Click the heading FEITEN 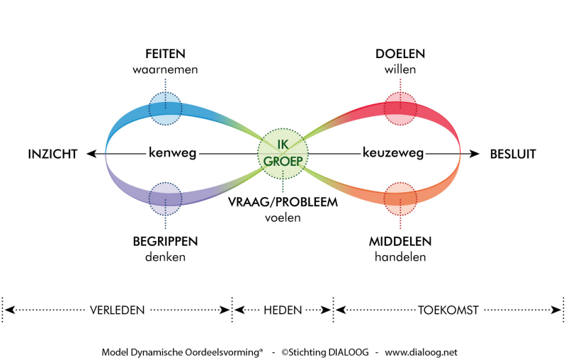pos(165,54)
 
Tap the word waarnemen pos(165,69)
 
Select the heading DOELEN pos(400,54)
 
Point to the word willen pos(400,69)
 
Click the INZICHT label pos(52,154)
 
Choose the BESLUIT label pos(513,154)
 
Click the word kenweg pos(173,153)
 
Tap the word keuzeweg pos(393,153)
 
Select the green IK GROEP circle pos(283,154)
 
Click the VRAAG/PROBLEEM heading pos(283,202)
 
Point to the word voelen pos(283,218)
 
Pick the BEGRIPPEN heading pos(165,241)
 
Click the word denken pos(165,257)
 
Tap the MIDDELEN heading pos(400,241)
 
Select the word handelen pos(400,257)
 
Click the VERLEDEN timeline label pos(118,310)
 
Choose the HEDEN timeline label pos(283,310)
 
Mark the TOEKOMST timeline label pos(448,310)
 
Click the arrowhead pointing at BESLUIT pos(475,154)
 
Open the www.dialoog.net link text pos(421,352)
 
